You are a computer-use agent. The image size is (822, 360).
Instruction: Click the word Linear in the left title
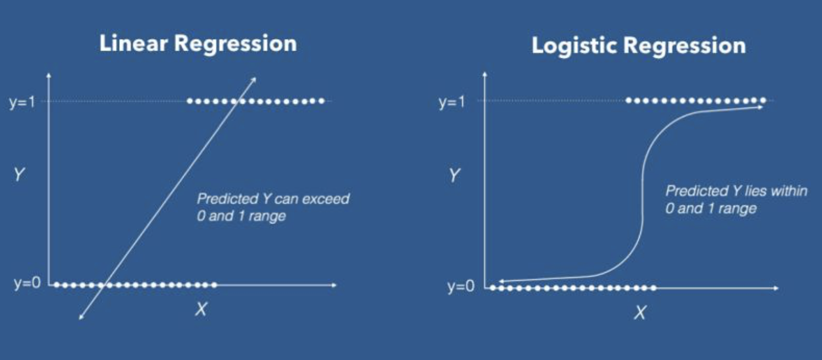(134, 43)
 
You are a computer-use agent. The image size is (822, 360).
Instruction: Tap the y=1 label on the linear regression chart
(23, 102)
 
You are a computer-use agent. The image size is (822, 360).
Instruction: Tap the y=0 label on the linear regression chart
(27, 283)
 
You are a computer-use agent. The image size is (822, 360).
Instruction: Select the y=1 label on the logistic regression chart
(452, 102)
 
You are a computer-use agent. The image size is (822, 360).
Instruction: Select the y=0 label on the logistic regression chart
(461, 286)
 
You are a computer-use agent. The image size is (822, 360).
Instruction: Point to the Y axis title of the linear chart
(19, 174)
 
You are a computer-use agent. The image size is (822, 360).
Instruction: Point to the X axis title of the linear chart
(201, 309)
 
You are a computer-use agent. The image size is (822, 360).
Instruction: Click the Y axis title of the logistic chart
(454, 175)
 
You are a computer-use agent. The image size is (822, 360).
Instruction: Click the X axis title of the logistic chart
(640, 313)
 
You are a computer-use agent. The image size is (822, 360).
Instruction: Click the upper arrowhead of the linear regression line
(254, 80)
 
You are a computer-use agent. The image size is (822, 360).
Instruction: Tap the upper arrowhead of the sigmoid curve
(760, 107)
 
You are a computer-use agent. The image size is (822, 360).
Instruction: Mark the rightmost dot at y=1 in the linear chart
(322, 101)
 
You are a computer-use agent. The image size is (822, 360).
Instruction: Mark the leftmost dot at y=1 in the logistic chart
(629, 100)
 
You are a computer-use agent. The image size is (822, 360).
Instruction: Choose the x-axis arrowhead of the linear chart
(334, 285)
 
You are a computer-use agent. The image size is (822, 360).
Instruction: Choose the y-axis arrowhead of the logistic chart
(485, 74)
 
